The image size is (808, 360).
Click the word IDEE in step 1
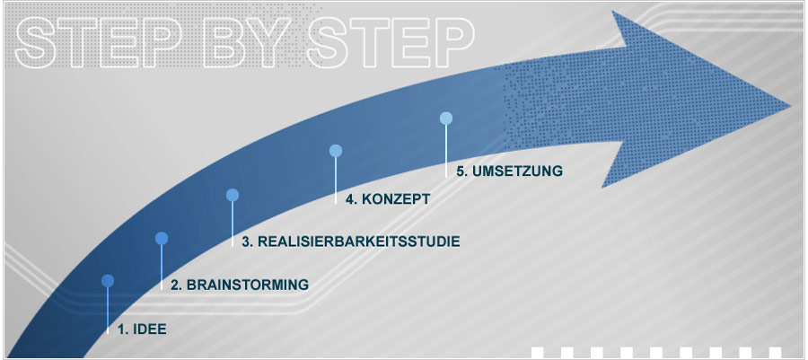(149, 329)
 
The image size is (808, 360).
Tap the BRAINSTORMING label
(248, 285)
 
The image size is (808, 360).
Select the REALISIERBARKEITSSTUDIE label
(358, 241)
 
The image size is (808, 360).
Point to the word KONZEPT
(396, 199)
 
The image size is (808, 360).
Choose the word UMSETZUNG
(517, 171)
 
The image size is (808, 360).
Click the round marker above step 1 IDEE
(108, 281)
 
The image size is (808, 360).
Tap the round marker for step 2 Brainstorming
(162, 238)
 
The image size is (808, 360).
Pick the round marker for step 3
(233, 195)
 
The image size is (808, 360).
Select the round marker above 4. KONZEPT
(336, 151)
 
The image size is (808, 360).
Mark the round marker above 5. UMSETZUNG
(446, 119)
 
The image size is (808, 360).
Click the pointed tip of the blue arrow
(791, 107)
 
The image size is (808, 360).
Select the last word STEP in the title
(391, 42)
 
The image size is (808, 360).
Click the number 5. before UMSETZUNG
(462, 171)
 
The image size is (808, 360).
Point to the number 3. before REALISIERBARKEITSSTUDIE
(248, 241)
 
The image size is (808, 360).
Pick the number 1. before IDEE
(123, 329)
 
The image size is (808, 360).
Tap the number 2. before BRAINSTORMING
(177, 285)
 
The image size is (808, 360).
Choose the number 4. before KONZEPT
(352, 199)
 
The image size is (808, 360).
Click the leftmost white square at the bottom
(538, 352)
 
